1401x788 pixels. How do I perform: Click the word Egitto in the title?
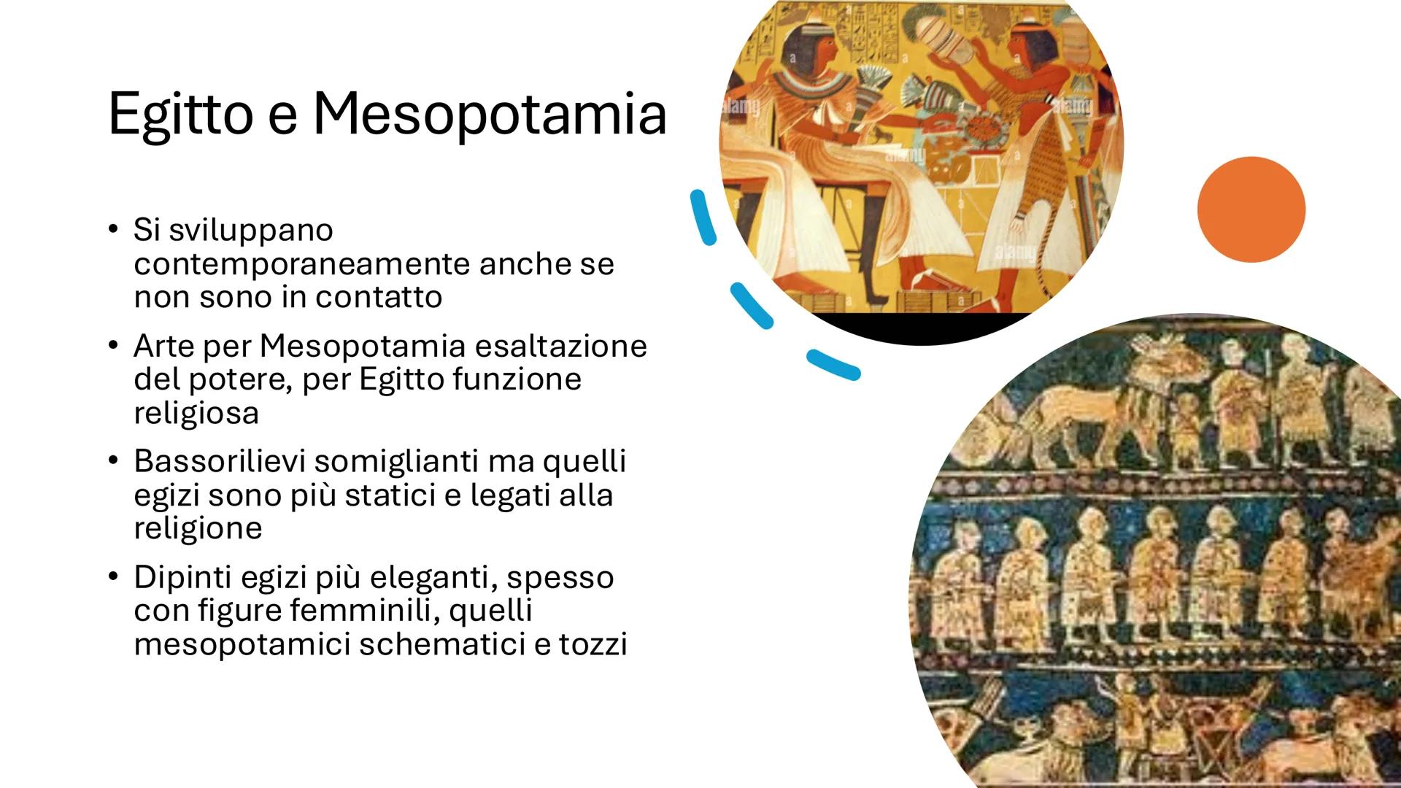(x=180, y=115)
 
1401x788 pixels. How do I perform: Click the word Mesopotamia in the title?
(x=490, y=115)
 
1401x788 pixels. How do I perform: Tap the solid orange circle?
(x=1251, y=209)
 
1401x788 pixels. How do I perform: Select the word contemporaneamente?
(x=301, y=263)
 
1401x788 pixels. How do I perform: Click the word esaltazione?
(x=560, y=346)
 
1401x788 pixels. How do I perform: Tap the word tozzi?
(x=593, y=644)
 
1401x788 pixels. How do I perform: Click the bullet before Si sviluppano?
(x=112, y=230)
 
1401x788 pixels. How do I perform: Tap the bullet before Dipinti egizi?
(x=112, y=577)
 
